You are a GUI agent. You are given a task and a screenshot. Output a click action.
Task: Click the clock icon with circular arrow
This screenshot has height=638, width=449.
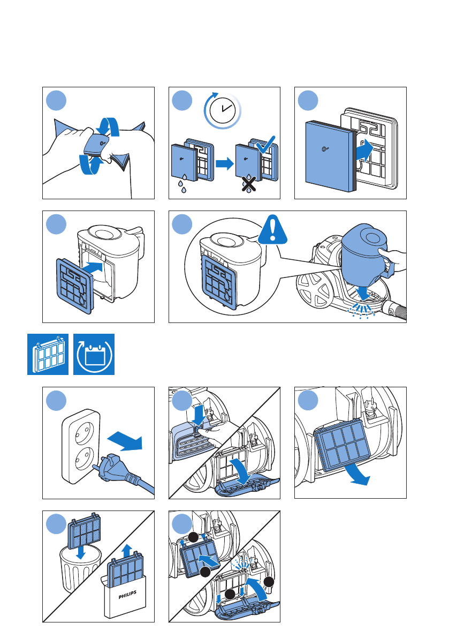(x=222, y=110)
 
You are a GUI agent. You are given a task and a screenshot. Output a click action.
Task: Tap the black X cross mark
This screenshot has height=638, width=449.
(x=249, y=184)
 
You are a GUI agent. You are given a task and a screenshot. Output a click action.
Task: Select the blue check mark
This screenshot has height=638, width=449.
(x=266, y=145)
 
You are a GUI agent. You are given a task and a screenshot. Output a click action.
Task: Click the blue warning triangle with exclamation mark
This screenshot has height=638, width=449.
(x=272, y=230)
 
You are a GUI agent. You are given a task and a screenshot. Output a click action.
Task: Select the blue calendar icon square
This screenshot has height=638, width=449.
(x=94, y=354)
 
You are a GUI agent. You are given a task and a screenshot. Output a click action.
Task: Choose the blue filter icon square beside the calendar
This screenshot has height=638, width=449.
(x=48, y=354)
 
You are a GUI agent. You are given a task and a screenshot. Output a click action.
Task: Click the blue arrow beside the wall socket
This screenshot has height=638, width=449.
(x=125, y=440)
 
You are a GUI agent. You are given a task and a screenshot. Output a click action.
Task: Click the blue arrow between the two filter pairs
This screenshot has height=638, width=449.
(x=224, y=164)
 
